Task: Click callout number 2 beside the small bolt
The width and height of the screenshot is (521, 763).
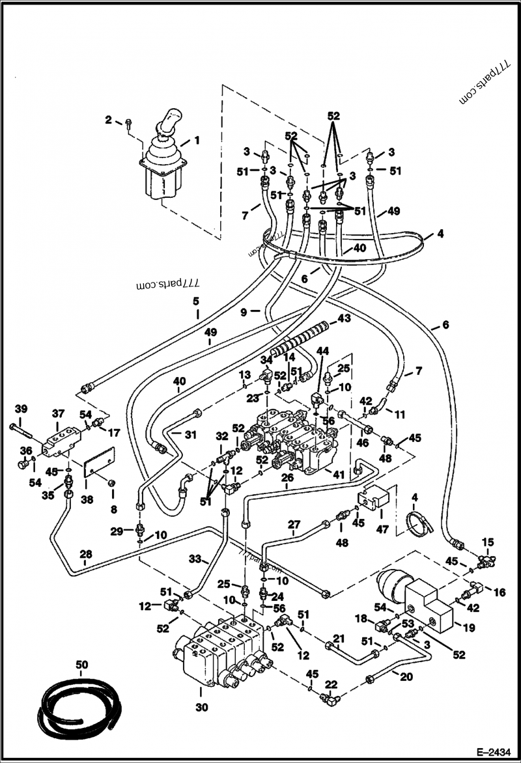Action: [x=109, y=119]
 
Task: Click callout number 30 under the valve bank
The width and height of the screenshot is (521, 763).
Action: [x=202, y=708]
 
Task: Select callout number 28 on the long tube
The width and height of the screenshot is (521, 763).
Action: [x=86, y=555]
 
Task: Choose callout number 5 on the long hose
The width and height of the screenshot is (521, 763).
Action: [x=195, y=301]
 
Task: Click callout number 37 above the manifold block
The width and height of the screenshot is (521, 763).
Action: [x=58, y=413]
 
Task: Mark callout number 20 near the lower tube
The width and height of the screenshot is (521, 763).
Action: [x=406, y=676]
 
